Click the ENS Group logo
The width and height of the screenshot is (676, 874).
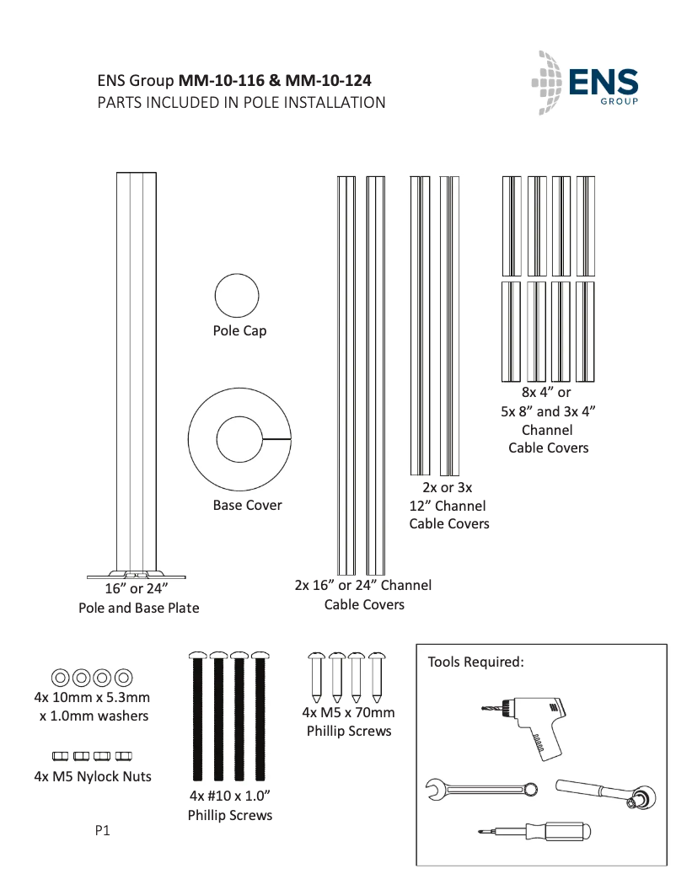[586, 83]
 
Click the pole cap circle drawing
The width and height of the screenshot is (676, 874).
[236, 297]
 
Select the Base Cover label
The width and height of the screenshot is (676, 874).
[247, 506]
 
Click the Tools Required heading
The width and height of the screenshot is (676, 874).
[476, 662]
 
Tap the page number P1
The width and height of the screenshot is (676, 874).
[103, 830]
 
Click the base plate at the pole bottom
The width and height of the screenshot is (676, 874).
[136, 576]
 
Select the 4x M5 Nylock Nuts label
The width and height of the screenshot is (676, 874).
[93, 776]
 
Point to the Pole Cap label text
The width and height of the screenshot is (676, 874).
[239, 331]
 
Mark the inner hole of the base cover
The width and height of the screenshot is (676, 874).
[240, 439]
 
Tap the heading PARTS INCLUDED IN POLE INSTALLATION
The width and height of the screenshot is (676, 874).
[242, 103]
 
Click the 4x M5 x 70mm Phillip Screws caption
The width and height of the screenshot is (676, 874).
[349, 722]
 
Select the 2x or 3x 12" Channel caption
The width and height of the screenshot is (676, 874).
[448, 506]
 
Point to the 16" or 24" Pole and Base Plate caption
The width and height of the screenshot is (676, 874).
[138, 598]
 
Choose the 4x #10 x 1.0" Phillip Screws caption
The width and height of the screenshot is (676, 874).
[229, 806]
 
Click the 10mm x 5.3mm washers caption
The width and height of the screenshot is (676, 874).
[93, 706]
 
